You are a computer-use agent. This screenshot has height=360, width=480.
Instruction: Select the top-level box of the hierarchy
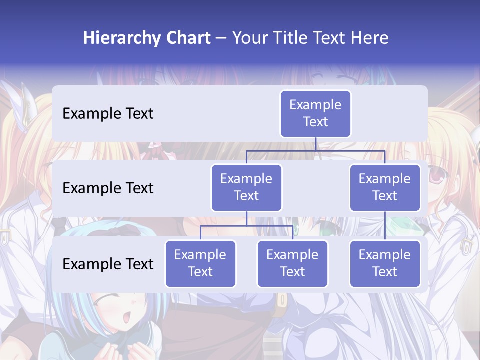coord(315,113)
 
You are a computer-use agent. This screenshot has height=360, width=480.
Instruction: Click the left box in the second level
coord(246,187)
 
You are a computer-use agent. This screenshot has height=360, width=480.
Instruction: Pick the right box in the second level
coord(385,187)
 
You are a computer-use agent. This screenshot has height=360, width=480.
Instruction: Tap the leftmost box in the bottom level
coord(200,263)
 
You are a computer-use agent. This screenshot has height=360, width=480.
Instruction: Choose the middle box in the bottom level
coord(292,263)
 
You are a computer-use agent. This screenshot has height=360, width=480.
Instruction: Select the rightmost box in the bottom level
coord(385,263)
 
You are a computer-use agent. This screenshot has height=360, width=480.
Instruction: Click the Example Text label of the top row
coord(108,113)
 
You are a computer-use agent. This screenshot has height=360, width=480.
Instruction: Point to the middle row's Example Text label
coord(108,188)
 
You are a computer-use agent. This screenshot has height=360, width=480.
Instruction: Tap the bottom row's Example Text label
coord(108,264)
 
